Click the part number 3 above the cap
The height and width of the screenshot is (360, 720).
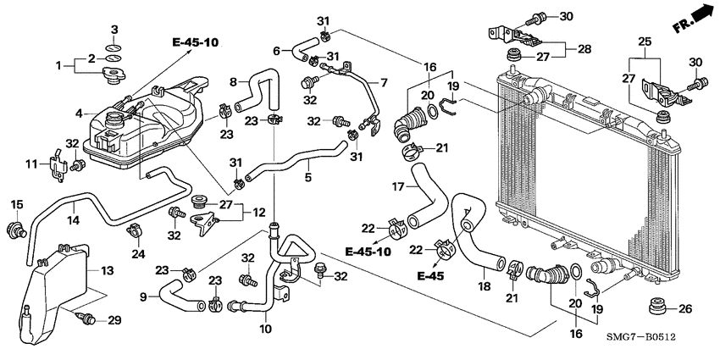(x=115, y=30)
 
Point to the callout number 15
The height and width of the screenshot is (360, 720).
(x=14, y=205)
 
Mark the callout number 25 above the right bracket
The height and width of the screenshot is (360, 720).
(x=645, y=42)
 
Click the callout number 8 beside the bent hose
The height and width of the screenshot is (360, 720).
(x=234, y=82)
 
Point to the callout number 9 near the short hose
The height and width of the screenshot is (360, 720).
(x=143, y=296)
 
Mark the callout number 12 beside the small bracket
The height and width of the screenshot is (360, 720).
(x=258, y=211)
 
